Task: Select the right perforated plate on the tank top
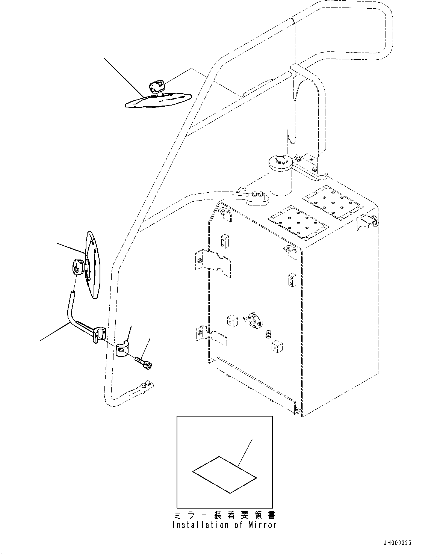333,203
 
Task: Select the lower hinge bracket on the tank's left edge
210,335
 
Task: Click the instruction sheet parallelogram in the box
224,474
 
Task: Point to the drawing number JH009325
397,543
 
